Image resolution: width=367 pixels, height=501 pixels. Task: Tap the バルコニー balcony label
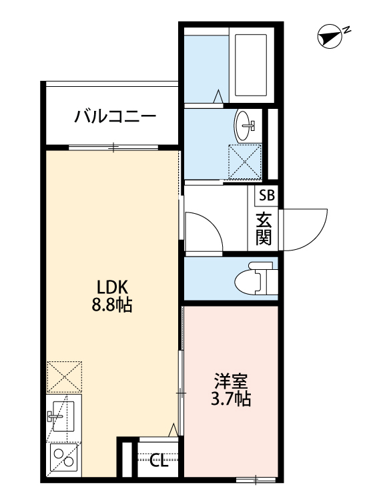[115, 118]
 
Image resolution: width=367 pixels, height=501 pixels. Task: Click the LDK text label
[113, 289]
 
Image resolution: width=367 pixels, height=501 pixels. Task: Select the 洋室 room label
[231, 383]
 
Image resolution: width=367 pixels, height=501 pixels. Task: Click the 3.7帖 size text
[231, 401]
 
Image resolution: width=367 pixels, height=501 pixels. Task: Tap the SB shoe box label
[266, 196]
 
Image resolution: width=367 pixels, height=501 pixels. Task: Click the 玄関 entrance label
[264, 228]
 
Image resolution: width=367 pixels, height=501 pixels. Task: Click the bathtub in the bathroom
[250, 63]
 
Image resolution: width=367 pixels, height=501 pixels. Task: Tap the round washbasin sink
[246, 124]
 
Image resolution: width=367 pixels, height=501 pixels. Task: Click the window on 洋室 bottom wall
[256, 479]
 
